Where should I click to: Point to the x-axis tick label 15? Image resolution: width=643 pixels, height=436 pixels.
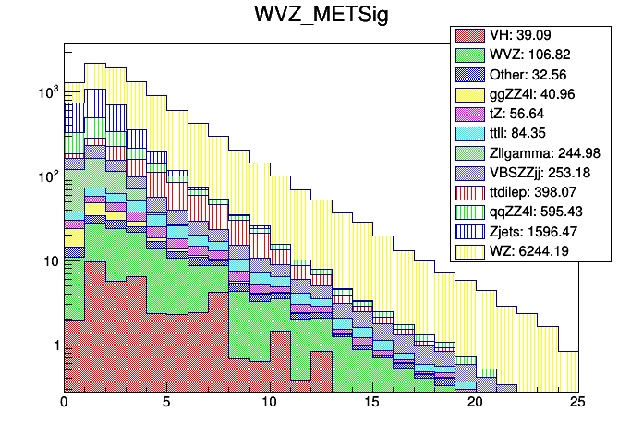click(372, 404)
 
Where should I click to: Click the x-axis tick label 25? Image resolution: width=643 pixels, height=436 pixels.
click(578, 404)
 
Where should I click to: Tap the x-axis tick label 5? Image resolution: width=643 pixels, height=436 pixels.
click(166, 404)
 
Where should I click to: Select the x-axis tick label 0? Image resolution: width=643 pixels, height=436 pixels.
click(64, 404)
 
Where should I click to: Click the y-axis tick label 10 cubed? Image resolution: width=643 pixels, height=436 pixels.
click(46, 92)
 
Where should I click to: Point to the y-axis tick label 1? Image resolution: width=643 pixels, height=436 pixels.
click(54, 345)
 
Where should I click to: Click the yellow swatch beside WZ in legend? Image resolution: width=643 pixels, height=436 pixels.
click(468, 249)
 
